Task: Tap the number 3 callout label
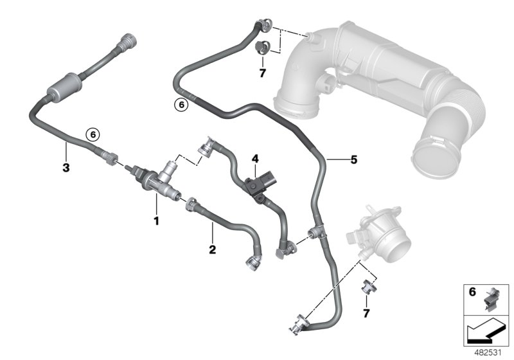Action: pos(66,150)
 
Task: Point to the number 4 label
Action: pos(255,157)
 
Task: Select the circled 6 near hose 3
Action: pos(92,134)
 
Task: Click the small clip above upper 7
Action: pos(262,47)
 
